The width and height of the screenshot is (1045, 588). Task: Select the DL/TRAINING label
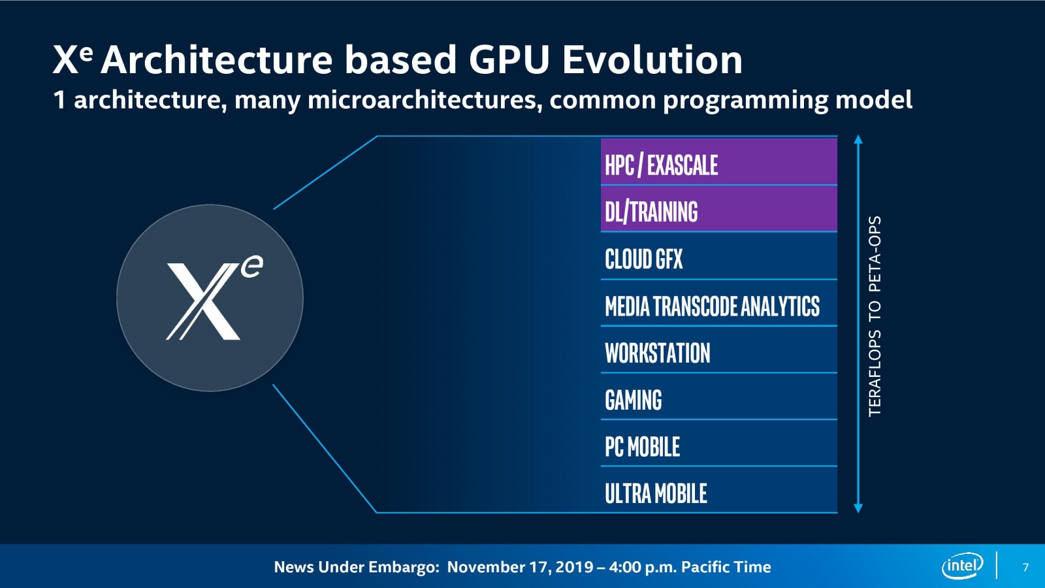point(651,212)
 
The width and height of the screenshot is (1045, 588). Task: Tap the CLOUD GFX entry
point(643,259)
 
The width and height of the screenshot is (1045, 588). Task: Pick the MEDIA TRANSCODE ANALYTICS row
point(712,306)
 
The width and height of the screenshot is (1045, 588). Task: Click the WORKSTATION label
point(657,353)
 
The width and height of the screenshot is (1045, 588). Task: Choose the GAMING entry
point(633,400)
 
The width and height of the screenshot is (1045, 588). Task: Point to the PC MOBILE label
point(642,447)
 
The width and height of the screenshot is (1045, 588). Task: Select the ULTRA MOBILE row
point(656,493)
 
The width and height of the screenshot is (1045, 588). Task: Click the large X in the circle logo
point(203,301)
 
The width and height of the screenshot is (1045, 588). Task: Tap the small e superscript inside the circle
point(251,267)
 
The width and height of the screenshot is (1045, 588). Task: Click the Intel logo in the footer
point(962,566)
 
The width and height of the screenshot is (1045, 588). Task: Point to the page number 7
point(1025,567)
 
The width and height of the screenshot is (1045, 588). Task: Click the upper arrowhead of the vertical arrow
point(858,139)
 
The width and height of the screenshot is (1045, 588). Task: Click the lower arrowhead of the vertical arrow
point(858,508)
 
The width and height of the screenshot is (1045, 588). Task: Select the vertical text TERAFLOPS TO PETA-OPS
point(875,316)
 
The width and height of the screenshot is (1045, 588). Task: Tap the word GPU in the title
point(509,60)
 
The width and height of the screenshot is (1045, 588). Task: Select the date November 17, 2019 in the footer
point(520,566)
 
